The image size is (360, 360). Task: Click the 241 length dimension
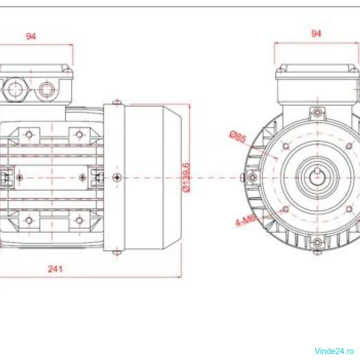(x=55, y=268)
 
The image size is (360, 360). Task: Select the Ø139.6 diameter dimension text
(x=187, y=177)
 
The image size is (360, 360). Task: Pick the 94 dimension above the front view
(x=316, y=33)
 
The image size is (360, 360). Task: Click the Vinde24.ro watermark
(x=334, y=351)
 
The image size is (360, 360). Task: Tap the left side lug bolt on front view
(x=252, y=178)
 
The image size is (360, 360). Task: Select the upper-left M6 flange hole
(x=286, y=146)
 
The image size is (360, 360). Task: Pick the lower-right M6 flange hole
(x=349, y=209)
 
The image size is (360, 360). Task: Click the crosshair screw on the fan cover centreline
(x=117, y=178)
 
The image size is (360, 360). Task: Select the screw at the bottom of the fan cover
(x=117, y=253)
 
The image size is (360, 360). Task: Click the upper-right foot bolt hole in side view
(x=79, y=134)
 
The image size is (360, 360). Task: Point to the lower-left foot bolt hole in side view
(x=29, y=221)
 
